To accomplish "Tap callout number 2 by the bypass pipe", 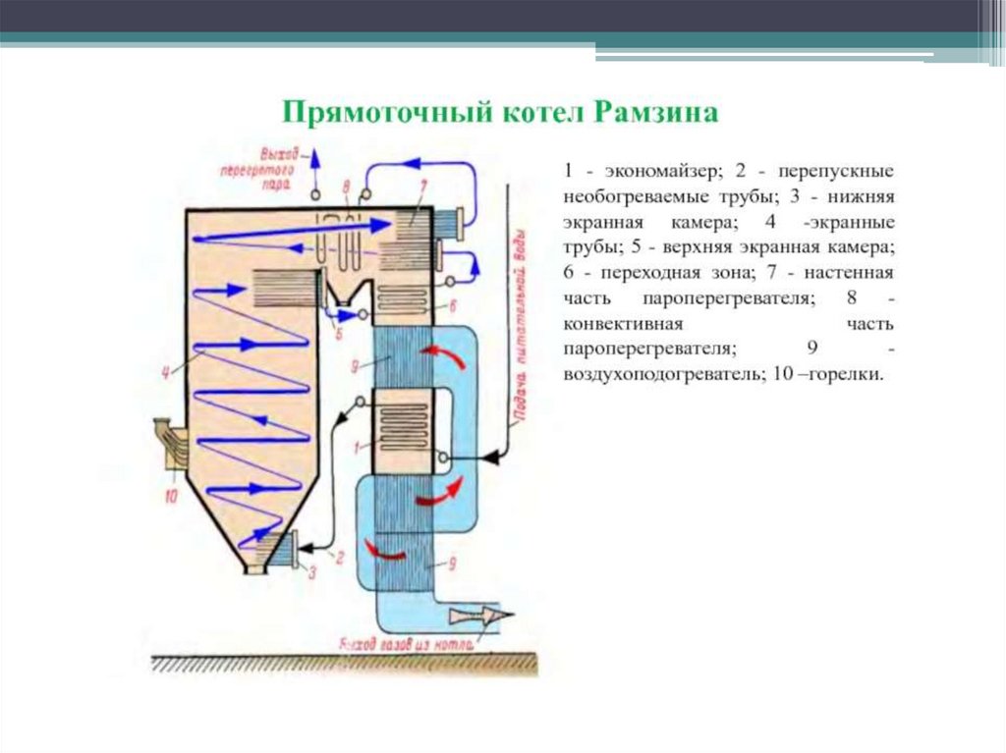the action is (339, 558).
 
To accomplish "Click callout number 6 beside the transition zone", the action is (453, 306).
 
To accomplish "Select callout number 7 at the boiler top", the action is (422, 186).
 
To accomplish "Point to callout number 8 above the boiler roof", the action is (347, 186).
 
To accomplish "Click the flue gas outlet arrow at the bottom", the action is (481, 616).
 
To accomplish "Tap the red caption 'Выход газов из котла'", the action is (406, 645).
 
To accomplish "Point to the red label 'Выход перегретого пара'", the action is (279, 167).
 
